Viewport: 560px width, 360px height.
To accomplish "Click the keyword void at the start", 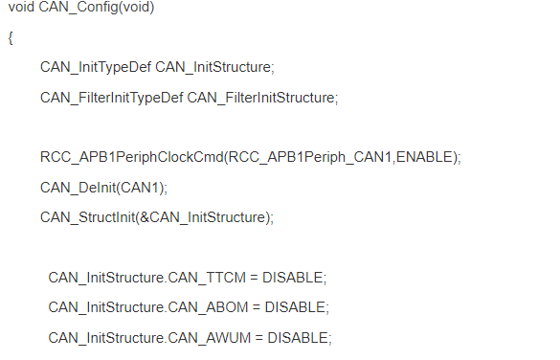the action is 21,7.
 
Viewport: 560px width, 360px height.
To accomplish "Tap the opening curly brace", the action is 11,38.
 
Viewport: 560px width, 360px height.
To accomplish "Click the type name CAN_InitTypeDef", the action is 96,67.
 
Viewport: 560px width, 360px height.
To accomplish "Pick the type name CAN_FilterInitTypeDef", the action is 112,98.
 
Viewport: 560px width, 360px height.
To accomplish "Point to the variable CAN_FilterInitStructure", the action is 260,98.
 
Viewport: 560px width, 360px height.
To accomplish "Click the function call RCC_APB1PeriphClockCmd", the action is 132,157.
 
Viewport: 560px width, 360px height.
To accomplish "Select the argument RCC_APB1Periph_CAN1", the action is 309,157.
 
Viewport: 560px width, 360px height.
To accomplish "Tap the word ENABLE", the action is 424,157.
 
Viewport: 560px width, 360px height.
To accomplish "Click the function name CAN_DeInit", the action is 78,188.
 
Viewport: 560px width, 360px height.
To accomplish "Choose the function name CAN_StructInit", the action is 88,217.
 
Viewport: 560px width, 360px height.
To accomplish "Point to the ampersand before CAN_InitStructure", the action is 145,217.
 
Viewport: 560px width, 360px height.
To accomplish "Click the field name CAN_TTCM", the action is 207,278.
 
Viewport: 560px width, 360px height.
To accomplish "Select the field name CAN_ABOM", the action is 208,307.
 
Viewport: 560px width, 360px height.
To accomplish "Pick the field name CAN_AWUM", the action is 210,338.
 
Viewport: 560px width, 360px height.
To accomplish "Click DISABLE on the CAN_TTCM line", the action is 293,278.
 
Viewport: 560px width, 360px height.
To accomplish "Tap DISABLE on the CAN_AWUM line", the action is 298,337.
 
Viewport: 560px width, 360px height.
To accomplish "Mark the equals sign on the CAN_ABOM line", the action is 257,307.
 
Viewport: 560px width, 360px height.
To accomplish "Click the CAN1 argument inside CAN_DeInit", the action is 140,188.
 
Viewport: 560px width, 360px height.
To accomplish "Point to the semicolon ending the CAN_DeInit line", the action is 165,190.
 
